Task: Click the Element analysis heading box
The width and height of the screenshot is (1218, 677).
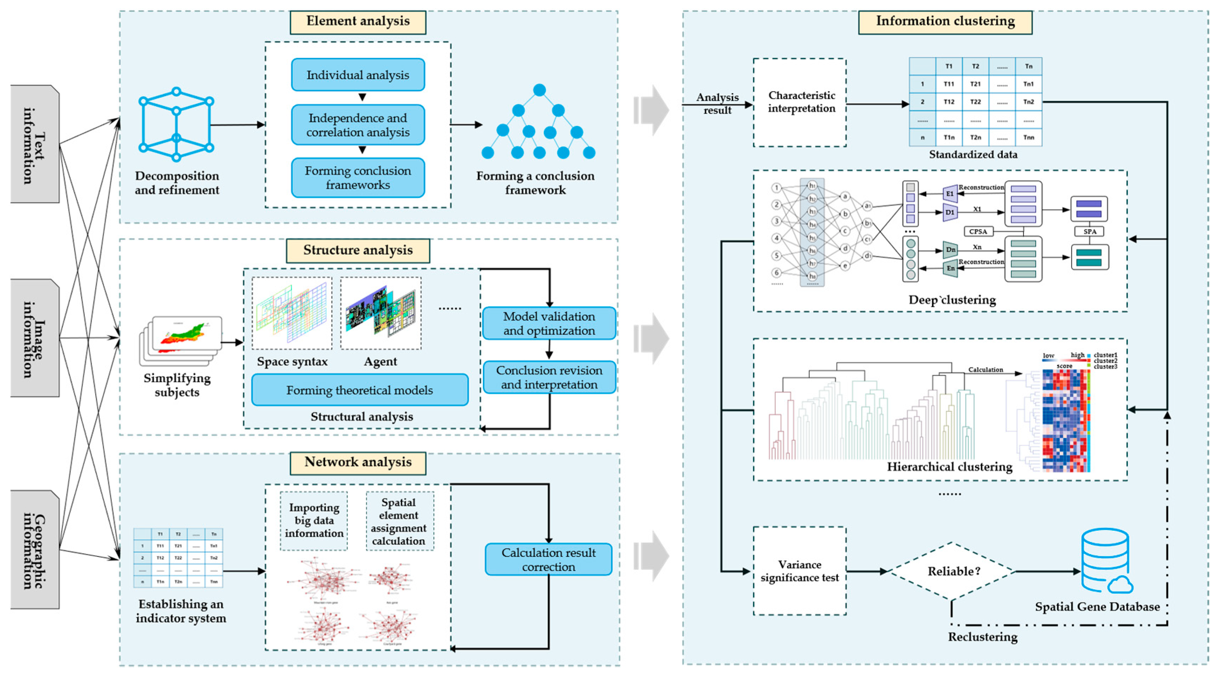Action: [x=358, y=22]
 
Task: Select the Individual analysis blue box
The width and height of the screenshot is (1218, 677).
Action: [x=358, y=75]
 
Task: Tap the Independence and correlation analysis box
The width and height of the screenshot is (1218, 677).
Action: [x=358, y=125]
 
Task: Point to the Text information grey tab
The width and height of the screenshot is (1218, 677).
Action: [x=35, y=144]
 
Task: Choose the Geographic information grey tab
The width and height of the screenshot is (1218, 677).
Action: [x=35, y=549]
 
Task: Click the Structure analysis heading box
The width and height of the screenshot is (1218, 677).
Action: [x=358, y=251]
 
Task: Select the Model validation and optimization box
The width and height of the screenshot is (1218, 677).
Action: [x=549, y=323]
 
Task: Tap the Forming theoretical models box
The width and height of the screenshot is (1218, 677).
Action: [x=360, y=390]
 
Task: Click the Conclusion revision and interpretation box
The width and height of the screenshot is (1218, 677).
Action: [x=549, y=377]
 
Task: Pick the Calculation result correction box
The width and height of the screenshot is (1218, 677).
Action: [x=548, y=559]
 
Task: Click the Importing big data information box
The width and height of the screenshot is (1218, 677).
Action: [x=314, y=520]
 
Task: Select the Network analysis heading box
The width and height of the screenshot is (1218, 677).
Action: [x=358, y=463]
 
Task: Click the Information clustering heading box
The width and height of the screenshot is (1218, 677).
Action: [x=945, y=22]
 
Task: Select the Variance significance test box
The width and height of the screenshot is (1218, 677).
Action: [x=799, y=571]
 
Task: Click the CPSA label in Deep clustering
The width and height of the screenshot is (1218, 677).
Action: [x=978, y=231]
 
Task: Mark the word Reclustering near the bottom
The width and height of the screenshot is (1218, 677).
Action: [x=983, y=637]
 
